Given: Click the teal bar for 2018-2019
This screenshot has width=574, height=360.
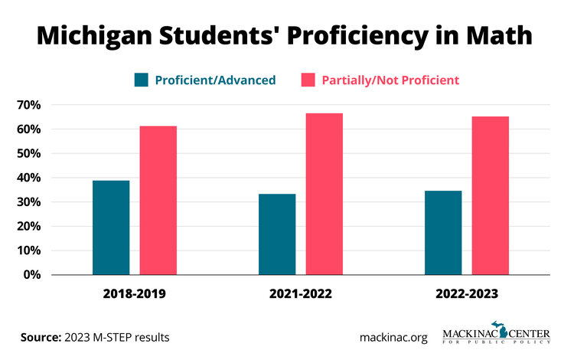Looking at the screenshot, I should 111,227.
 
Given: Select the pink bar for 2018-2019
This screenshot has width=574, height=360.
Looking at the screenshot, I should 158,200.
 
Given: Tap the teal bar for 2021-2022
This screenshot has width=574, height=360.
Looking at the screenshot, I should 277,234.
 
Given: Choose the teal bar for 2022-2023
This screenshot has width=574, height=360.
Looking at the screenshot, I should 443,232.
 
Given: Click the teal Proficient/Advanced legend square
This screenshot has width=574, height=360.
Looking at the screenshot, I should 142,80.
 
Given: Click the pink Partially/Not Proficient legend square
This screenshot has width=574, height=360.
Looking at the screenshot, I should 308,80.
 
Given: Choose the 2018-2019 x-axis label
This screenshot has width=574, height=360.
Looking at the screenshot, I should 135,294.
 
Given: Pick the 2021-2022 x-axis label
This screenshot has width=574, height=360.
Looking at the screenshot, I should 301,294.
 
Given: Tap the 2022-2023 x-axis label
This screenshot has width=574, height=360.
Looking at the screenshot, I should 467,294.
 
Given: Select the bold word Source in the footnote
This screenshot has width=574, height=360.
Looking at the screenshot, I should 40,337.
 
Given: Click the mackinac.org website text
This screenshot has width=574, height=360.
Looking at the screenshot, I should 393,337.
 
